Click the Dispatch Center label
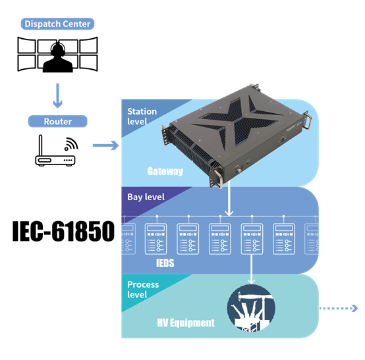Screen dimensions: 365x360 [57, 24]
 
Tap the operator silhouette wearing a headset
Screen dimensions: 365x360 [58, 58]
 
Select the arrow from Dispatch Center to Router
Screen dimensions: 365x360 [57, 95]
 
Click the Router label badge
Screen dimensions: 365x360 [58, 121]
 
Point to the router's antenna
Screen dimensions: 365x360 [40, 145]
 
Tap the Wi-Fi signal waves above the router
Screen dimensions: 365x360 [71, 144]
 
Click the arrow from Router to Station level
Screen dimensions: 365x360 [105, 145]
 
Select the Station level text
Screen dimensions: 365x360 [142, 116]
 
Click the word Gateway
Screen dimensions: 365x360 [165, 171]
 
